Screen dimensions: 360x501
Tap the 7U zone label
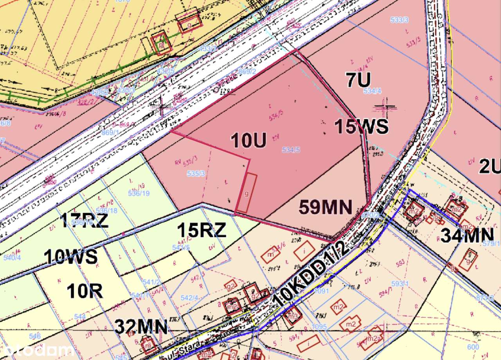pyautogui.click(x=358, y=80)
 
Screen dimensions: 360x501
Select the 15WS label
pyautogui.click(x=361, y=127)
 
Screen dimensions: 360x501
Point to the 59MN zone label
pyautogui.click(x=326, y=207)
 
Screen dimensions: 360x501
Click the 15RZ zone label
pyautogui.click(x=202, y=230)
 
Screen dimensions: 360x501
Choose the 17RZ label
pyautogui.click(x=84, y=221)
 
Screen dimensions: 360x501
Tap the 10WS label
pyautogui.click(x=70, y=257)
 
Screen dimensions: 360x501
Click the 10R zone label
pyautogui.click(x=85, y=291)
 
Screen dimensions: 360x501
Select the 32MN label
pyautogui.click(x=141, y=327)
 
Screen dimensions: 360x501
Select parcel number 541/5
pyautogui.click(x=181, y=247)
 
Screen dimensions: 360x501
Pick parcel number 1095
pyautogui.click(x=319, y=326)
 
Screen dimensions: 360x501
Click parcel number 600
pyautogui.click(x=473, y=347)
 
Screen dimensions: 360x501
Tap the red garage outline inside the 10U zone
pyautogui.click(x=246, y=194)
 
